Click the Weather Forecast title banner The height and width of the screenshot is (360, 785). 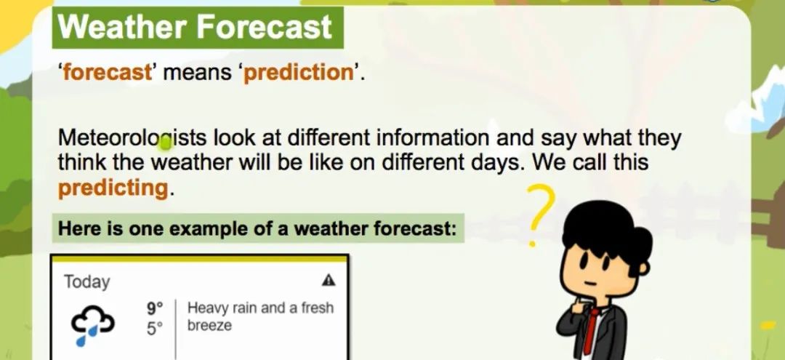tap(198, 28)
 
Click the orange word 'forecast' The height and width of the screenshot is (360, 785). tap(106, 73)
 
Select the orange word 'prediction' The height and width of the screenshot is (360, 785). tap(299, 73)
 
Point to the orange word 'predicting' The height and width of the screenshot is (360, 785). tap(113, 189)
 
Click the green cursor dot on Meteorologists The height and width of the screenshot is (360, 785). tap(165, 145)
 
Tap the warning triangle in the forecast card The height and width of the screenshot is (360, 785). tap(329, 280)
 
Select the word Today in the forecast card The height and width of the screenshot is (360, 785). tap(86, 282)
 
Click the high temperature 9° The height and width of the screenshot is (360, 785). tap(156, 308)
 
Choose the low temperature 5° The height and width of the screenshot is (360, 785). tap(156, 329)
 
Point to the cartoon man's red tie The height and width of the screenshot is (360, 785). tap(592, 330)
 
